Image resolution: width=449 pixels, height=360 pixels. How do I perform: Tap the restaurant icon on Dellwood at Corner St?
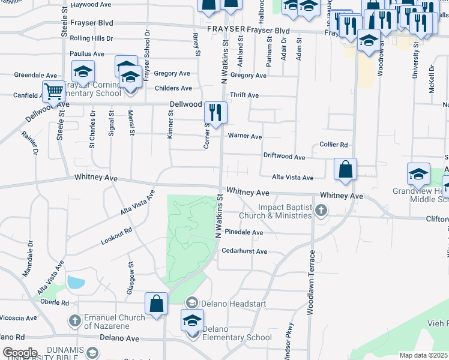point(215,112)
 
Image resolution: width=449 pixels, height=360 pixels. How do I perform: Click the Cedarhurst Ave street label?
point(244,251)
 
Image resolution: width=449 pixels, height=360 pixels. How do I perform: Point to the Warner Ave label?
point(244,137)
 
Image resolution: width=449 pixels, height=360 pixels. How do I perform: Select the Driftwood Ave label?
point(285,157)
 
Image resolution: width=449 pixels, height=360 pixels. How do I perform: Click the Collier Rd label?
point(334,145)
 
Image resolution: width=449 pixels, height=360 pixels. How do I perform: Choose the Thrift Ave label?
point(244,95)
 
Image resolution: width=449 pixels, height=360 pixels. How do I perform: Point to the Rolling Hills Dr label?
point(91,38)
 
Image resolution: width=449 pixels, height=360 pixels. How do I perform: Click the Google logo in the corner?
point(20,352)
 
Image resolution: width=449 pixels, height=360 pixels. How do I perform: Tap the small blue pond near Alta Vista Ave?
point(76,281)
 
